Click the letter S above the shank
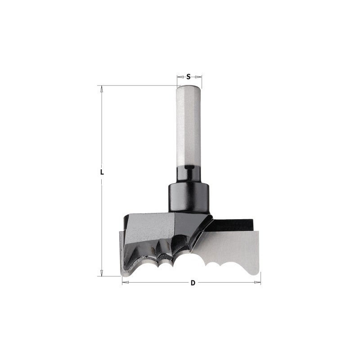[x=188, y=76]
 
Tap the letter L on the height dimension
[x=102, y=172]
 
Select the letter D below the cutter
[x=193, y=283]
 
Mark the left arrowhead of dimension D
[x=126, y=282]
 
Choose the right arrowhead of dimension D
[x=257, y=282]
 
